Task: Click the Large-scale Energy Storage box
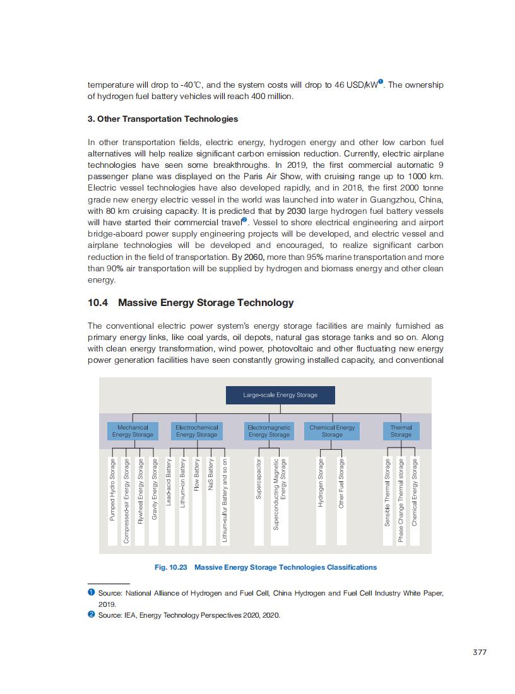point(280,395)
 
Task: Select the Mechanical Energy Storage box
point(133,431)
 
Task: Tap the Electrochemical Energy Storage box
point(196,431)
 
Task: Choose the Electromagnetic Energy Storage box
point(269,431)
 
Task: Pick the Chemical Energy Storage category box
point(332,431)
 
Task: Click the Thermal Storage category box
point(401,431)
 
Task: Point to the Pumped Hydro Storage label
point(112,490)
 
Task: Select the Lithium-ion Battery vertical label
point(182,483)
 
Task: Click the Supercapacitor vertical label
point(258,479)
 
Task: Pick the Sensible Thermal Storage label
point(388,493)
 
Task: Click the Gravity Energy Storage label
point(154,490)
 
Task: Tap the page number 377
point(480,652)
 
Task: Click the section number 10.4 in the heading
point(98,303)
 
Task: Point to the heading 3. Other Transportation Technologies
point(163,119)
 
